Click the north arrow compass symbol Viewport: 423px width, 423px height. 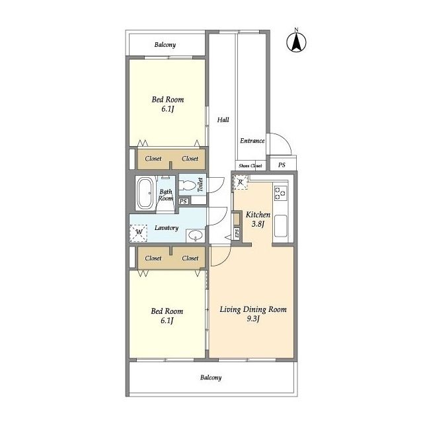pyautogui.click(x=296, y=42)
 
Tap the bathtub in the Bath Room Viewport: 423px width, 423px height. pyautogui.click(x=145, y=192)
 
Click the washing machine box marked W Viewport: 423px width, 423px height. pyautogui.click(x=138, y=233)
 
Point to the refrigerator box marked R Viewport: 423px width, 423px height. pyautogui.click(x=241, y=182)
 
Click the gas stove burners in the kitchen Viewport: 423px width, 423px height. pyautogui.click(x=280, y=193)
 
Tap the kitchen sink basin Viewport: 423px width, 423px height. pyautogui.click(x=280, y=226)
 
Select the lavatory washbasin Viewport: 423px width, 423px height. pyautogui.click(x=196, y=236)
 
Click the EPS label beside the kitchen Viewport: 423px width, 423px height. pyautogui.click(x=237, y=233)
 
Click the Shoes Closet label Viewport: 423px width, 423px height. pyautogui.click(x=250, y=166)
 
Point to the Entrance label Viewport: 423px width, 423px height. pyautogui.click(x=252, y=141)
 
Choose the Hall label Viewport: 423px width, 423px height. pyautogui.click(x=223, y=120)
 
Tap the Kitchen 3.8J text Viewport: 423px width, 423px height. pyautogui.click(x=258, y=219)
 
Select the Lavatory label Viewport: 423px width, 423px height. pyautogui.click(x=167, y=228)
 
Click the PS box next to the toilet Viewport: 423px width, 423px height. pyautogui.click(x=183, y=201)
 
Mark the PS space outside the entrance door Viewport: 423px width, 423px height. pyautogui.click(x=282, y=165)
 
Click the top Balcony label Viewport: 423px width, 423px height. pyautogui.click(x=165, y=45)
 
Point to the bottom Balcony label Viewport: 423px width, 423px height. pyautogui.click(x=211, y=377)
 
